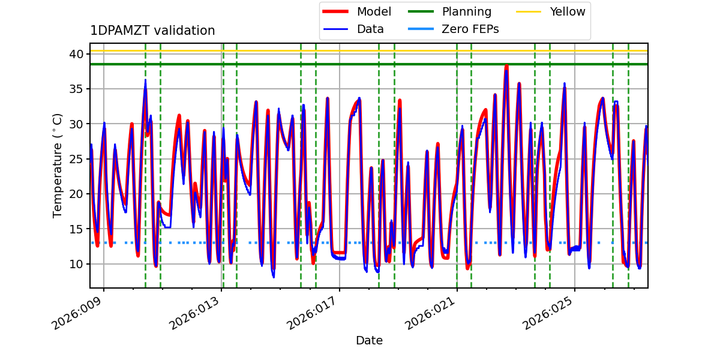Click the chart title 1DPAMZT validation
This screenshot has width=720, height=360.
152,31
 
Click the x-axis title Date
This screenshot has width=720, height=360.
369,341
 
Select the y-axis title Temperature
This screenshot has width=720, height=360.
58,166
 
